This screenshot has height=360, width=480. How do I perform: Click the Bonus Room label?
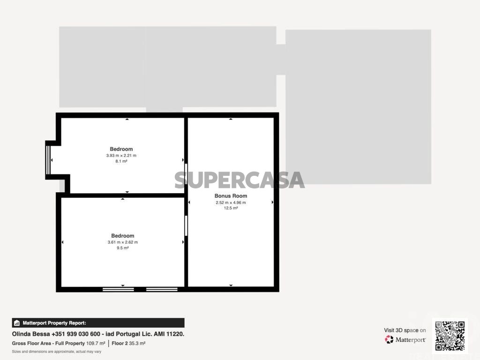[231, 196]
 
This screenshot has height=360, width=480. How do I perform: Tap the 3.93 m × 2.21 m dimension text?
[121, 156]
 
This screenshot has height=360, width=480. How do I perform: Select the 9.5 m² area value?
[122, 248]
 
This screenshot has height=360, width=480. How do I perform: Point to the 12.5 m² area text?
[231, 208]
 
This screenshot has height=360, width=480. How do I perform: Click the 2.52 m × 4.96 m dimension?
[231, 202]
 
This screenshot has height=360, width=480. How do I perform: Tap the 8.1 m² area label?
[121, 161]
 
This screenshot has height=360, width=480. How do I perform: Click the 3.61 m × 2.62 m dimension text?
[122, 242]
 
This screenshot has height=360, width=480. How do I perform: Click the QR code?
[450, 336]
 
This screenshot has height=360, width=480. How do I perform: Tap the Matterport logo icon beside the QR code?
[389, 339]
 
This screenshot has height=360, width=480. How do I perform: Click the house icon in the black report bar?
[17, 323]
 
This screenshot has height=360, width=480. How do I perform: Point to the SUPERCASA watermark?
[240, 180]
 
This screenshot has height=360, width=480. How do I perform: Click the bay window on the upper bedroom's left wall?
[48, 160]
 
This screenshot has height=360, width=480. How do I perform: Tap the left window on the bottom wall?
[118, 289]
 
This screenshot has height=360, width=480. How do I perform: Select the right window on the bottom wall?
[162, 289]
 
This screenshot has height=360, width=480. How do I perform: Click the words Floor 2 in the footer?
[120, 344]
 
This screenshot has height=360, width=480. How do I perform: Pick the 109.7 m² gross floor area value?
[96, 344]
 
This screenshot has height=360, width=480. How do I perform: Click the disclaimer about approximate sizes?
[57, 352]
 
